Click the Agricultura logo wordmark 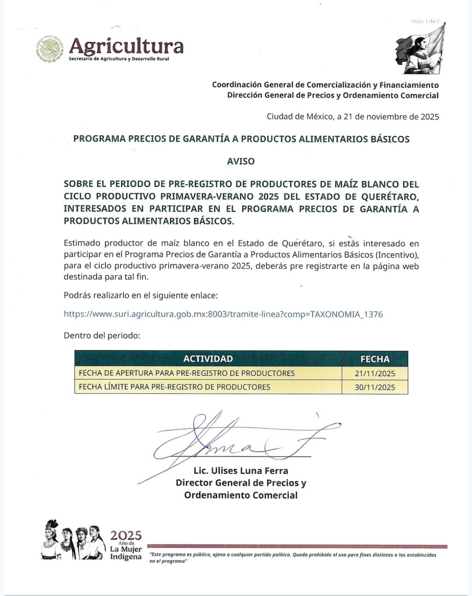126,46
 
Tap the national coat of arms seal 49,49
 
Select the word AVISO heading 241,161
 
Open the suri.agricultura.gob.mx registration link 223,314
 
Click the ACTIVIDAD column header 208,359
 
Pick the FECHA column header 375,359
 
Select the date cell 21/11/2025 375,374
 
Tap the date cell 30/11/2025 375,387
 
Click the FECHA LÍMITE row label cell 174,387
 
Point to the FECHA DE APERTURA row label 187,373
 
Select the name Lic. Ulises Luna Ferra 241,471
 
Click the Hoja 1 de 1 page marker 425,21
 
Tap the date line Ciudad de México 353,117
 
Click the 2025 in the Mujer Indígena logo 126,535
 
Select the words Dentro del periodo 102,336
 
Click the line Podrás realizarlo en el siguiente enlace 140,295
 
